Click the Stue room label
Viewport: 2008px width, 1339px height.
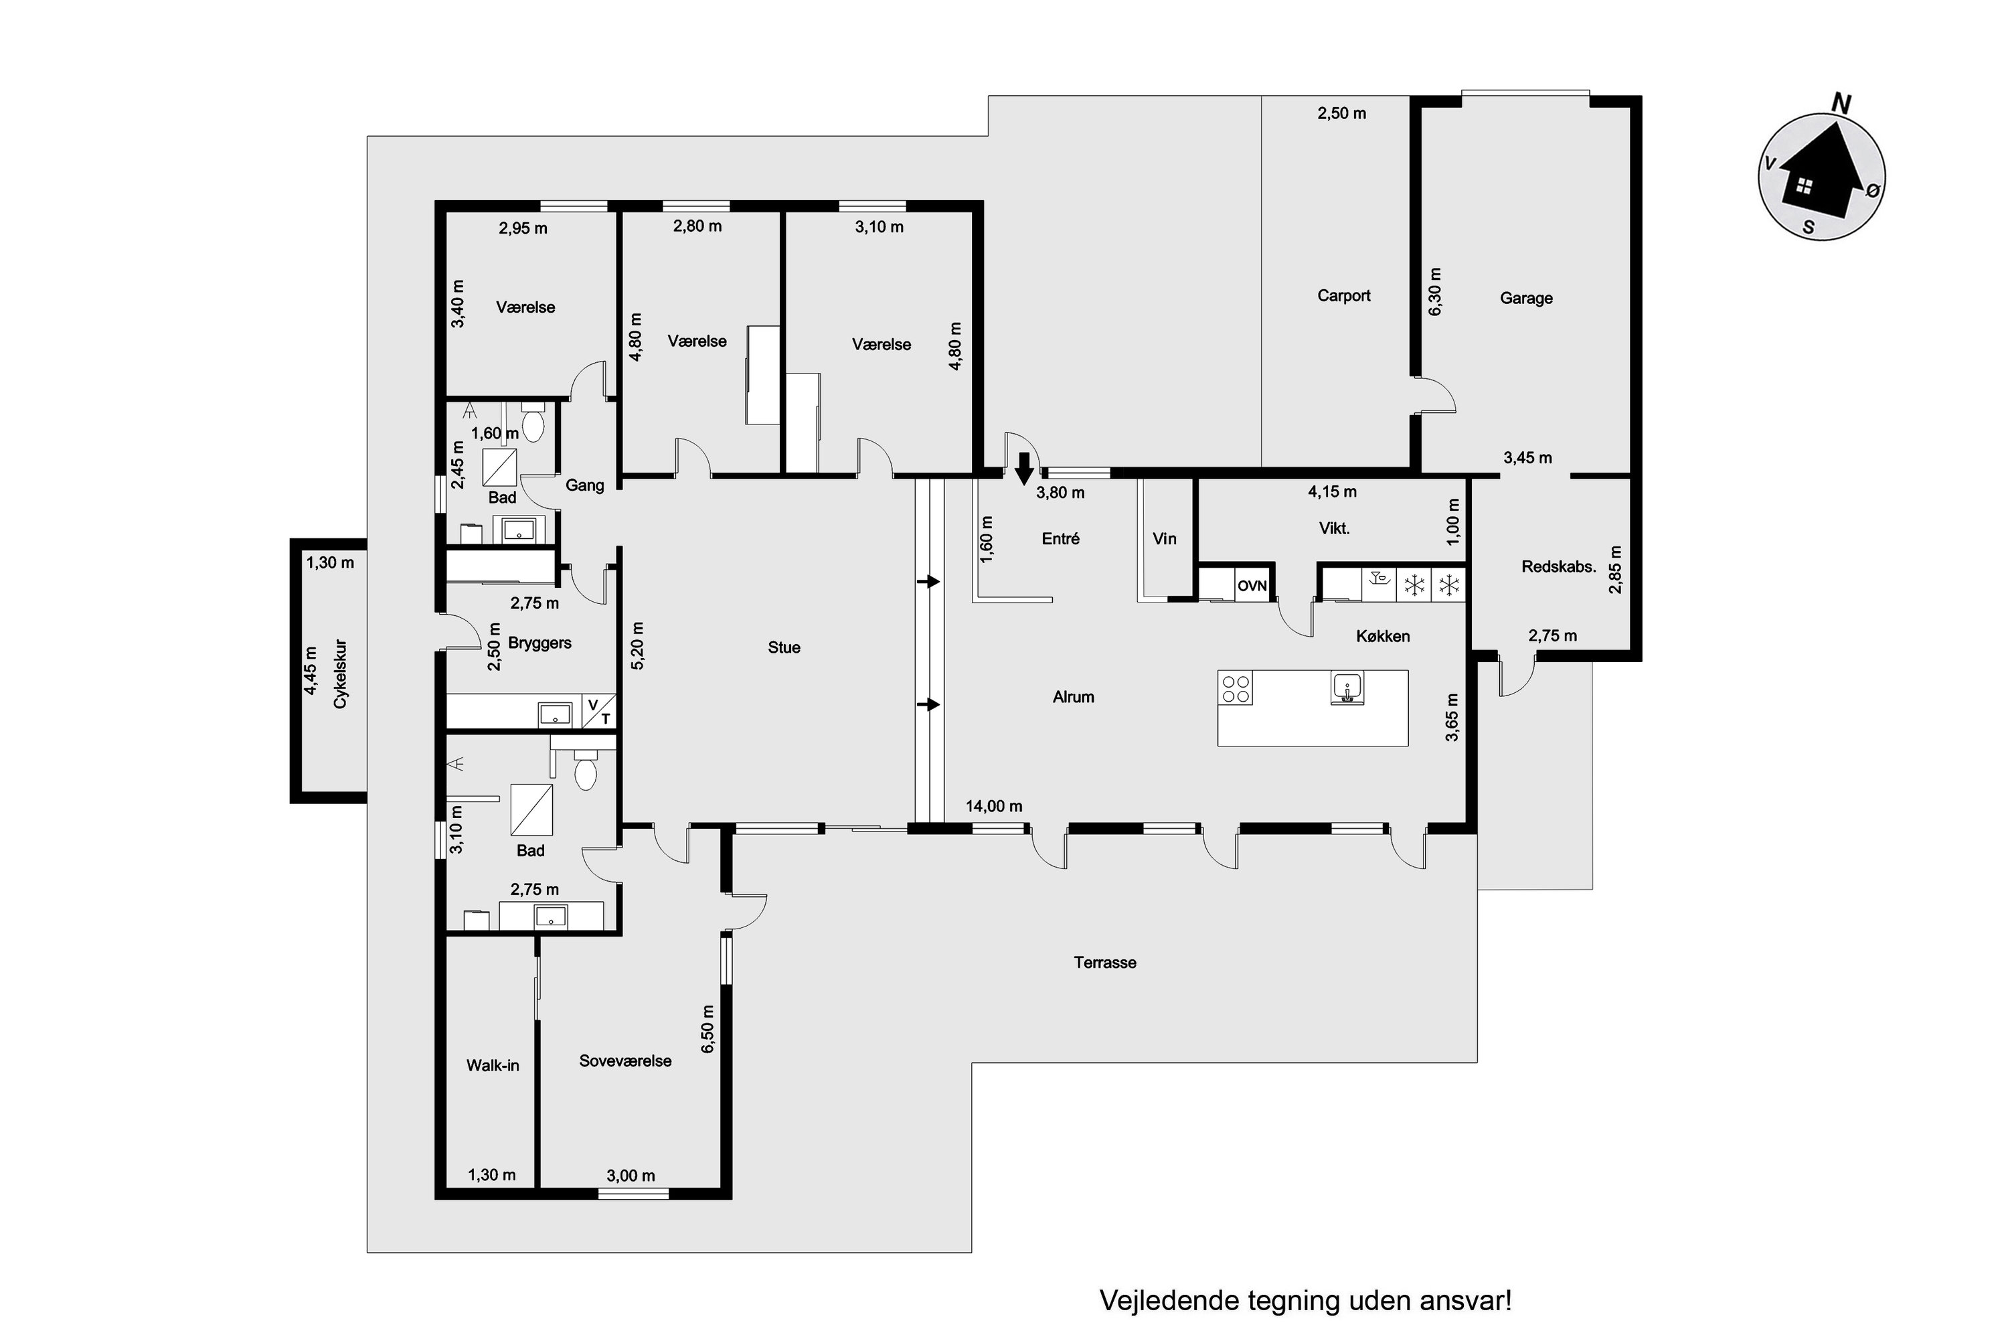784,647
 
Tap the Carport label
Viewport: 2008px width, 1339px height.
1344,295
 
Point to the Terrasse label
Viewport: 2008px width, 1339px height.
1105,963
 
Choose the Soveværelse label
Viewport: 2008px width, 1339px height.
625,1060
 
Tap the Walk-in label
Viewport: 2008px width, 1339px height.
493,1065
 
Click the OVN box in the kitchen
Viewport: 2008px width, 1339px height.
1252,586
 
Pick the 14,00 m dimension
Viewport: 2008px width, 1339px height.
994,806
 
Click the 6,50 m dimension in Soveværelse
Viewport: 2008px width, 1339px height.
707,1029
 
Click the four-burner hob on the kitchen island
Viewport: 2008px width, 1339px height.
1236,689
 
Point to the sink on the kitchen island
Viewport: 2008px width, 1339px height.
1347,688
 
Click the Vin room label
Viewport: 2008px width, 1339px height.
1165,538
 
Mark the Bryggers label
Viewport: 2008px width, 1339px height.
539,642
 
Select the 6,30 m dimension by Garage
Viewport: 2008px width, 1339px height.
1434,292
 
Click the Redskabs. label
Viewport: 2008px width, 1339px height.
1559,566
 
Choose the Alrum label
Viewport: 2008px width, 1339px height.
1073,697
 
